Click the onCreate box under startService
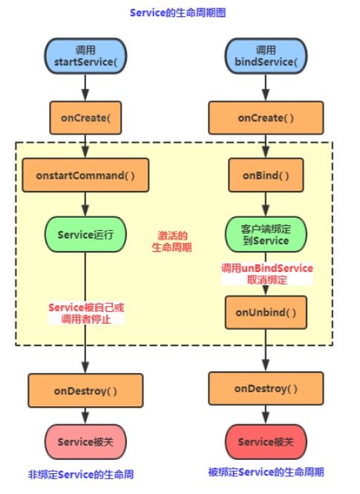(x=85, y=117)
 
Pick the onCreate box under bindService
(x=266, y=117)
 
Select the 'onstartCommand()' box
(x=85, y=175)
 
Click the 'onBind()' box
(x=266, y=175)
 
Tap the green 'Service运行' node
(x=85, y=235)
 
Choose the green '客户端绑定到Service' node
(x=266, y=235)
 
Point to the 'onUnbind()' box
(x=266, y=313)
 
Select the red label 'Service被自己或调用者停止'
(x=85, y=313)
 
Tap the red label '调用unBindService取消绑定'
(x=266, y=274)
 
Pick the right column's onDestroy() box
(x=266, y=389)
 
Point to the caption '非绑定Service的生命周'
(x=83, y=475)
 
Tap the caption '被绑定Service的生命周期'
(x=266, y=472)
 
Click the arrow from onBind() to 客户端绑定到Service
(x=266, y=203)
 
